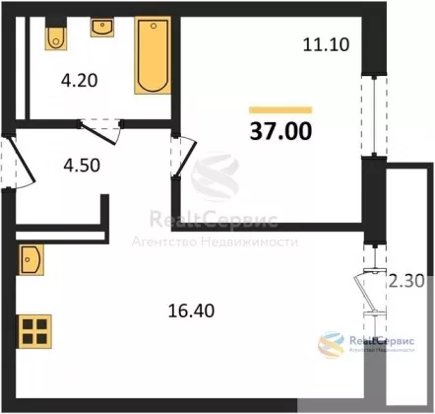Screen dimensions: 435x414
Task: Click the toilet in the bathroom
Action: tap(56, 38)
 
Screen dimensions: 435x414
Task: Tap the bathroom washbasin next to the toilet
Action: tap(102, 28)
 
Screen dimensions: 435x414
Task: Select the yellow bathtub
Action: tap(153, 55)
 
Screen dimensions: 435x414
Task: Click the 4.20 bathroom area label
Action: tap(80, 81)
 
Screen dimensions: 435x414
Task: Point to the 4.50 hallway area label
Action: tap(82, 166)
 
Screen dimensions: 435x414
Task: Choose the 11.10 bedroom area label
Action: tap(326, 44)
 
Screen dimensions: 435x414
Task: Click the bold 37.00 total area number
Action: tap(280, 131)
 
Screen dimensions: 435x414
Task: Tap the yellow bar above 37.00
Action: tap(280, 110)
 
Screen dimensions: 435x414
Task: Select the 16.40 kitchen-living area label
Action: tap(191, 310)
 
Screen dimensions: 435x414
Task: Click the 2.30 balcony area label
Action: tap(406, 282)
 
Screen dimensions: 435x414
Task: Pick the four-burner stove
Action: tap(34, 331)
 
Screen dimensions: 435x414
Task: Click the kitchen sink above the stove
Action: tap(31, 259)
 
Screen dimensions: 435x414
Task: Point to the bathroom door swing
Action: tap(100, 131)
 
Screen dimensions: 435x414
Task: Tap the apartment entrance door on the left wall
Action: tap(22, 161)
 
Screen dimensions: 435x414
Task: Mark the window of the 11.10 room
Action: tap(374, 115)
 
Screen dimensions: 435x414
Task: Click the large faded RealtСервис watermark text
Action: tap(214, 220)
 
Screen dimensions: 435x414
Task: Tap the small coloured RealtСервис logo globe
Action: tap(332, 345)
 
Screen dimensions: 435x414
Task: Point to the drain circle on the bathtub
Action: tap(154, 26)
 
